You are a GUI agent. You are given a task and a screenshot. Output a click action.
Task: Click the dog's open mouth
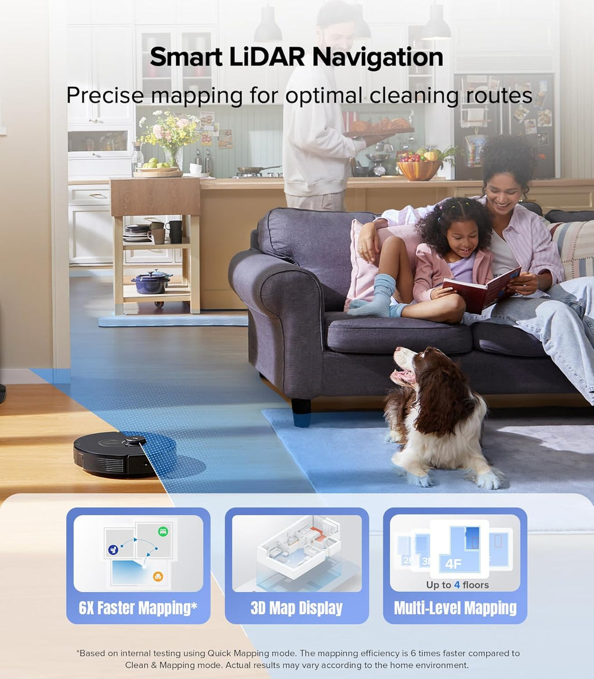click(401, 377)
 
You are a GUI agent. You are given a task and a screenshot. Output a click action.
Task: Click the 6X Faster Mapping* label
click(138, 608)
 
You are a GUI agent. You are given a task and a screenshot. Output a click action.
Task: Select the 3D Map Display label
click(296, 608)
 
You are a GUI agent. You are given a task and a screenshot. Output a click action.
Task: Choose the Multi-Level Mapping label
click(455, 608)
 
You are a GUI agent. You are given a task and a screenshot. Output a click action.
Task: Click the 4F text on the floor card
click(454, 563)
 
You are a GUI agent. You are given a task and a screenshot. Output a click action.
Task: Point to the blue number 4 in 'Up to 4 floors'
click(457, 585)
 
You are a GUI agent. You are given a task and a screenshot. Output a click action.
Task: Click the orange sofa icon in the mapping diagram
click(157, 576)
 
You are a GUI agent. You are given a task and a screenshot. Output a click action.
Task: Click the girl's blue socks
click(376, 298)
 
